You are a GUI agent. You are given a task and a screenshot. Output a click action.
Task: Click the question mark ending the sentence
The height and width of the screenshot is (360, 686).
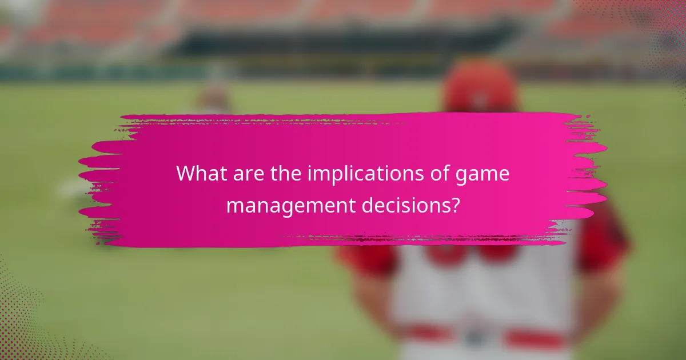[x=454, y=205]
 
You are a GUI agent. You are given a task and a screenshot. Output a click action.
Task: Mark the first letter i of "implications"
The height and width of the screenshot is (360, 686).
[x=309, y=173]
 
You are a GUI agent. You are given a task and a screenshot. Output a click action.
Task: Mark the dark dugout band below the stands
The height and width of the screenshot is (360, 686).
[x=343, y=43]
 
